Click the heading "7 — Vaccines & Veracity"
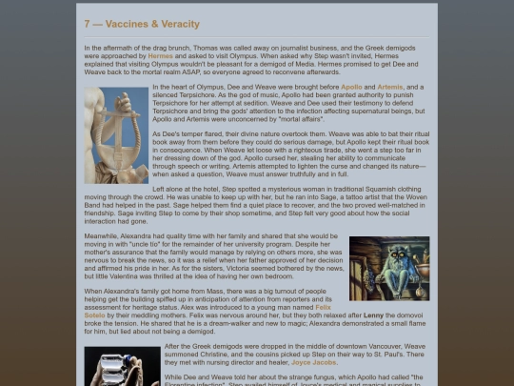141,24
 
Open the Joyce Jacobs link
314,362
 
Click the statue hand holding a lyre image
116,134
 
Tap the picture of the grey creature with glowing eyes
389,268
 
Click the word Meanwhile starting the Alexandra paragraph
101,234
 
